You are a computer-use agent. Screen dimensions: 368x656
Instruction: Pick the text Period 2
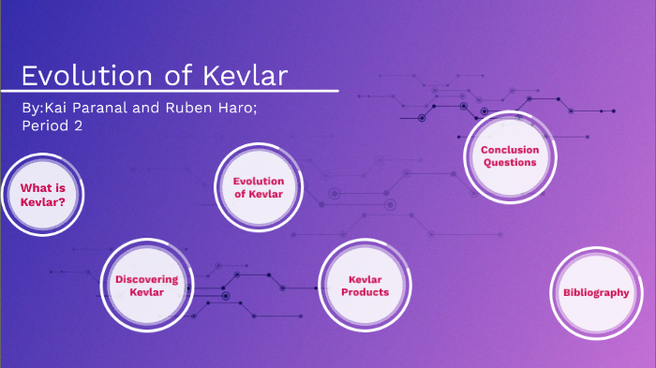[x=52, y=125]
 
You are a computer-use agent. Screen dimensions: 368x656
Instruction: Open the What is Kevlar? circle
[x=42, y=193]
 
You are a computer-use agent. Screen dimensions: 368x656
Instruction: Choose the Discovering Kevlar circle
[x=146, y=286]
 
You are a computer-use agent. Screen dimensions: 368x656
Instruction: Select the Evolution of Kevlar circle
[x=258, y=186]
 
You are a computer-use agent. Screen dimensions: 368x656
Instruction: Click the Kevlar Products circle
[x=365, y=286]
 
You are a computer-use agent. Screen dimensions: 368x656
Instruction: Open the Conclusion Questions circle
[x=510, y=155]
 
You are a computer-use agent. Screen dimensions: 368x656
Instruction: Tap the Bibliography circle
[x=596, y=292]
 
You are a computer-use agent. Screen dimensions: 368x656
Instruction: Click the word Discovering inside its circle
[x=146, y=279]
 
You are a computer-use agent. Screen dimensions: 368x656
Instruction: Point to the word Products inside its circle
[x=365, y=292]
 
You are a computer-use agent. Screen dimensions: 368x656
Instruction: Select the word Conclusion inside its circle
[x=510, y=149]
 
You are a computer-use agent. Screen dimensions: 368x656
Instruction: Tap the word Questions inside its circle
[x=510, y=162]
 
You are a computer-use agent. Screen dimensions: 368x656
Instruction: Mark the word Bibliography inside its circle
[x=596, y=292]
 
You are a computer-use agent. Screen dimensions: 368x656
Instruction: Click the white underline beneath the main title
[x=178, y=92]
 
